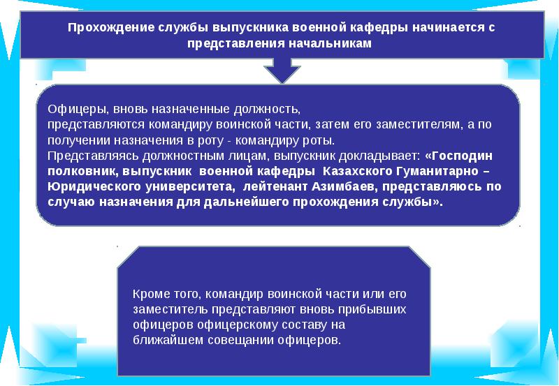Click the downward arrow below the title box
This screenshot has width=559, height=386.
[282, 70]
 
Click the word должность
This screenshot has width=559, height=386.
[264, 110]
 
